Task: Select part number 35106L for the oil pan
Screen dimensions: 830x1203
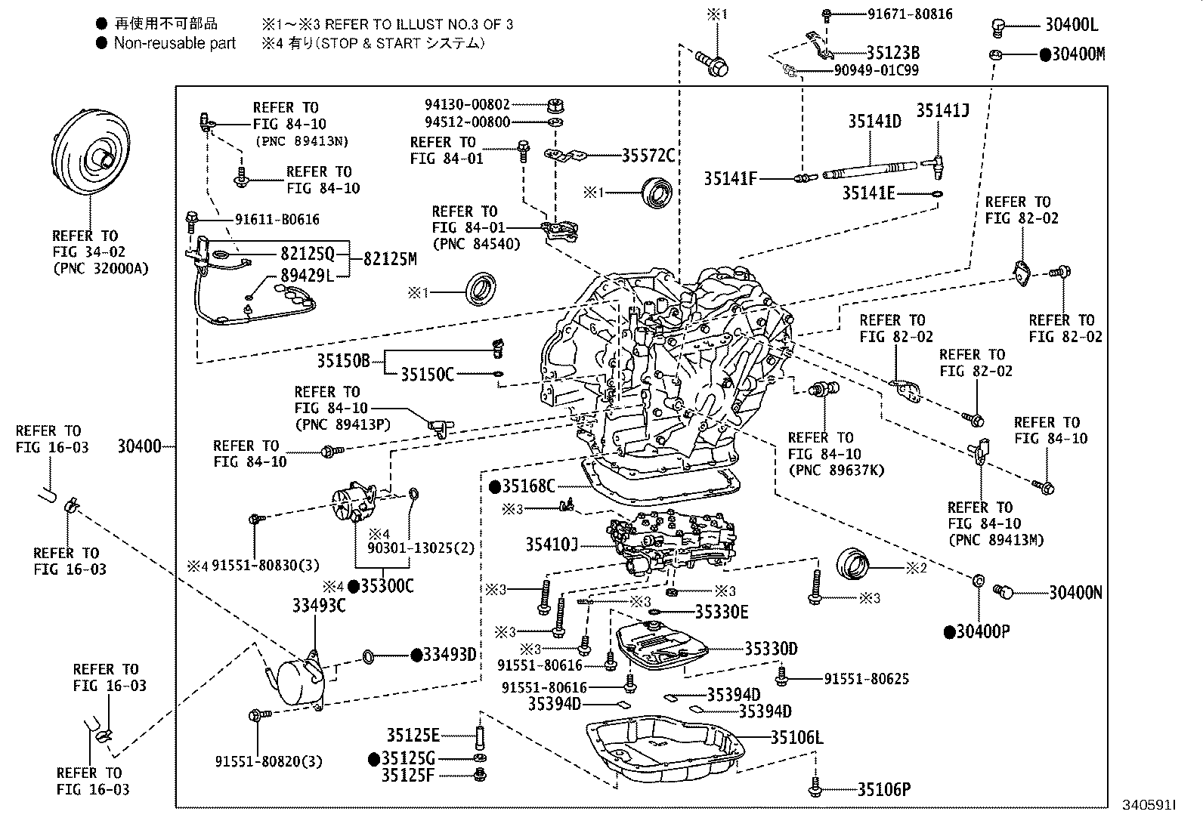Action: pos(796,737)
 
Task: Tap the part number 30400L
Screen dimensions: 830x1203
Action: pos(1071,25)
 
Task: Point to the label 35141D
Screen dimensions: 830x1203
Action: pos(874,121)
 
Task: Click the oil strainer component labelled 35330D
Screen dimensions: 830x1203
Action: pos(661,647)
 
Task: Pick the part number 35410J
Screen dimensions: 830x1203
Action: pos(552,544)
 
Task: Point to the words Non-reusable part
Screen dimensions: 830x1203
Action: pos(175,43)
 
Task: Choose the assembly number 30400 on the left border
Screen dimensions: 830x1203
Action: pos(139,446)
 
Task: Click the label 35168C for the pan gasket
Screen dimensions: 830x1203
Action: pos(528,486)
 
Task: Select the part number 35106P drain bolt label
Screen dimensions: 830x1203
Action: pos(883,790)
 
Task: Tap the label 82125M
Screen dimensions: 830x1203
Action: pos(389,259)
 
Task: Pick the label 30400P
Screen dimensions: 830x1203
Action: pos(982,631)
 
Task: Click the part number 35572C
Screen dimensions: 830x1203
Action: pos(648,156)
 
